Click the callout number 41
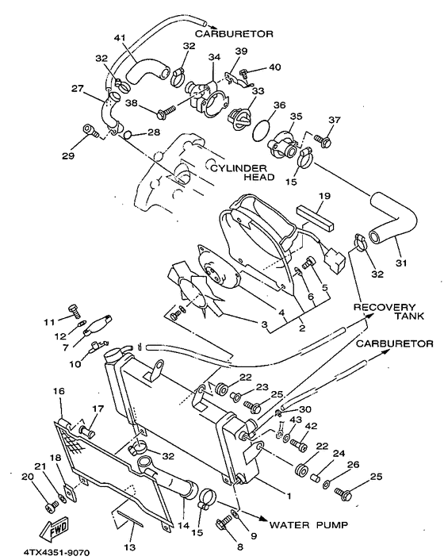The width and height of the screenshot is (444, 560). point(120,38)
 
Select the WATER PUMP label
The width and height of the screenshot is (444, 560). point(306,525)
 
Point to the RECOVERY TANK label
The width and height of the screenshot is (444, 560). point(385,313)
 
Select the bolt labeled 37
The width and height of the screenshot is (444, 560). point(323,140)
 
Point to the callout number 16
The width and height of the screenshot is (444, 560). point(59,391)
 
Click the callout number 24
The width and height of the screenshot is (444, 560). point(339,455)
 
